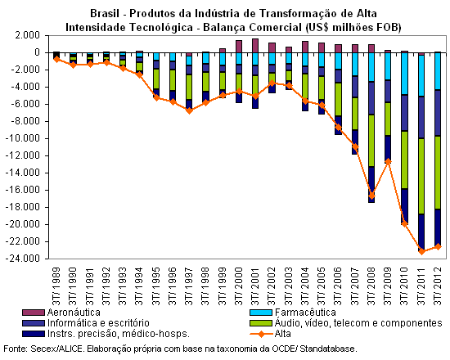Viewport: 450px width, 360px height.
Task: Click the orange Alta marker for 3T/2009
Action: pyautogui.click(x=388, y=162)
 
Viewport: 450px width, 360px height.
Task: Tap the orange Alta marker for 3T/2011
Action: pyautogui.click(x=421, y=251)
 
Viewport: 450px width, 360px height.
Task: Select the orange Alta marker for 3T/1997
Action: pyautogui.click(x=189, y=110)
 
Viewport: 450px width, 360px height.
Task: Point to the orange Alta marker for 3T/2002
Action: pyautogui.click(x=272, y=83)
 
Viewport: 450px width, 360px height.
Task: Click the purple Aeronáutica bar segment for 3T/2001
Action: pyautogui.click(x=255, y=46)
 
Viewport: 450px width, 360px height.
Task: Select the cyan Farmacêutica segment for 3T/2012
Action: pyautogui.click(x=438, y=71)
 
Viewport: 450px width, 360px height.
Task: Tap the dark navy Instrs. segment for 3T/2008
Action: pyautogui.click(x=371, y=184)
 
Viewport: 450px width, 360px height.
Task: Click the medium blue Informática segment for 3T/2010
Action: pyautogui.click(x=405, y=113)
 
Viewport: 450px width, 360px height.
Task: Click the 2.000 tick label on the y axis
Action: pyautogui.click(x=28, y=36)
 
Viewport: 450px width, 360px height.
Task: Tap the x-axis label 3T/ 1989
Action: pyautogui.click(x=56, y=286)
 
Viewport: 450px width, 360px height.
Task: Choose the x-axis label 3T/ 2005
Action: pyautogui.click(x=322, y=286)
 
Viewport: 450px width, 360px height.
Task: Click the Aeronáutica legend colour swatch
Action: pyautogui.click(x=34, y=313)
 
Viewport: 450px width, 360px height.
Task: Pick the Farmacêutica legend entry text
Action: pyautogui.click(x=305, y=313)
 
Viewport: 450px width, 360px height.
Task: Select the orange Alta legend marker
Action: pyautogui.click(x=261, y=334)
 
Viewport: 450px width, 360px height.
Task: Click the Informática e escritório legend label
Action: pyautogui.click(x=98, y=323)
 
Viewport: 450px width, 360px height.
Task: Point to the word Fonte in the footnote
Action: pyautogui.click(x=16, y=349)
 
